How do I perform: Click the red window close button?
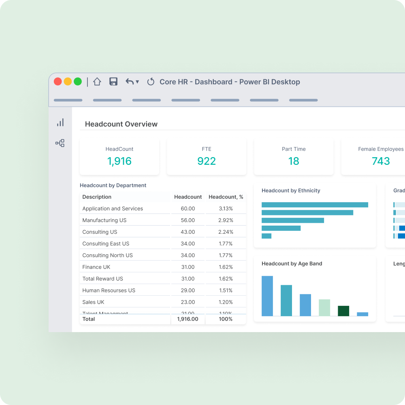tap(58, 81)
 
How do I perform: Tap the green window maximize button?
tap(78, 81)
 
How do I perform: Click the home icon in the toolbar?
tap(97, 81)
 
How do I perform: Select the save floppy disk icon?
tap(113, 81)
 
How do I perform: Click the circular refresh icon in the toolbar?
tap(151, 82)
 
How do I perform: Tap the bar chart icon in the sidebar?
tap(60, 122)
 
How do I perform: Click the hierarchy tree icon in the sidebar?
tap(60, 143)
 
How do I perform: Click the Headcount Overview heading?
tap(121, 124)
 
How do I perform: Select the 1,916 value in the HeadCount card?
tap(119, 161)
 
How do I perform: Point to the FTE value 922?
tap(207, 161)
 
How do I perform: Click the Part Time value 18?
tap(294, 161)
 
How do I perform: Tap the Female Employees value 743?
tap(381, 161)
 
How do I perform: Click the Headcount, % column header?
tap(226, 197)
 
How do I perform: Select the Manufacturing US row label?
tap(104, 220)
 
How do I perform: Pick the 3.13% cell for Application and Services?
tap(226, 209)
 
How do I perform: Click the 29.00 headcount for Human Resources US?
tap(188, 290)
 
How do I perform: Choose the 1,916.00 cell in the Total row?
tap(188, 319)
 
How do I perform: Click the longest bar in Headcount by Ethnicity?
tap(315, 205)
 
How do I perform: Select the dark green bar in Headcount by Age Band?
tap(343, 311)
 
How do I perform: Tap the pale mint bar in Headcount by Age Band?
tap(324, 308)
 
